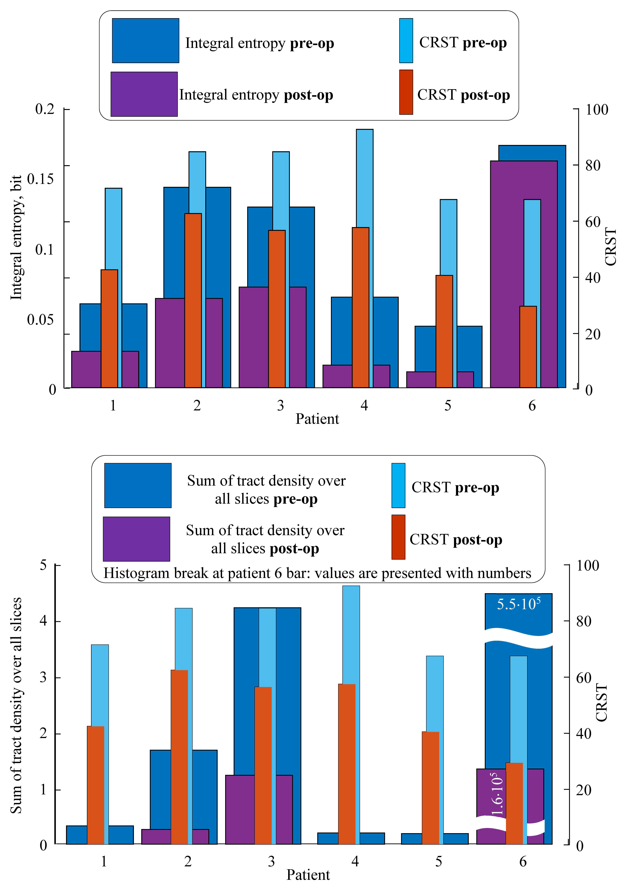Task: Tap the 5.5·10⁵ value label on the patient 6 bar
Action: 518,604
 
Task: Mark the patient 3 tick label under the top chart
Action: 280,405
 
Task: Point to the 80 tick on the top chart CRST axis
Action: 593,166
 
